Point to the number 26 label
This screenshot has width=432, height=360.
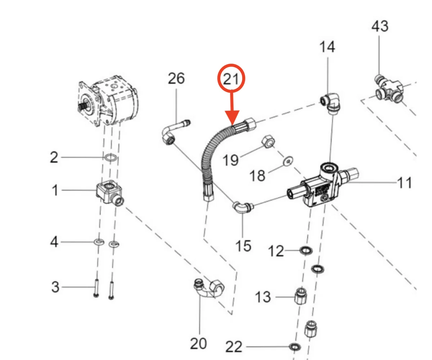pyautogui.click(x=176, y=78)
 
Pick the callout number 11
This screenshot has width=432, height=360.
pyautogui.click(x=404, y=183)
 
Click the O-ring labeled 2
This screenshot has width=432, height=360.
pyautogui.click(x=111, y=157)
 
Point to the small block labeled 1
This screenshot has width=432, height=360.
pyautogui.click(x=109, y=192)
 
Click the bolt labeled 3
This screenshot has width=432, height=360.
pyautogui.click(x=96, y=288)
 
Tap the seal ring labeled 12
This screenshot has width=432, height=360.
pyautogui.click(x=306, y=249)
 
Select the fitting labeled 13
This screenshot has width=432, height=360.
pyautogui.click(x=301, y=296)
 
